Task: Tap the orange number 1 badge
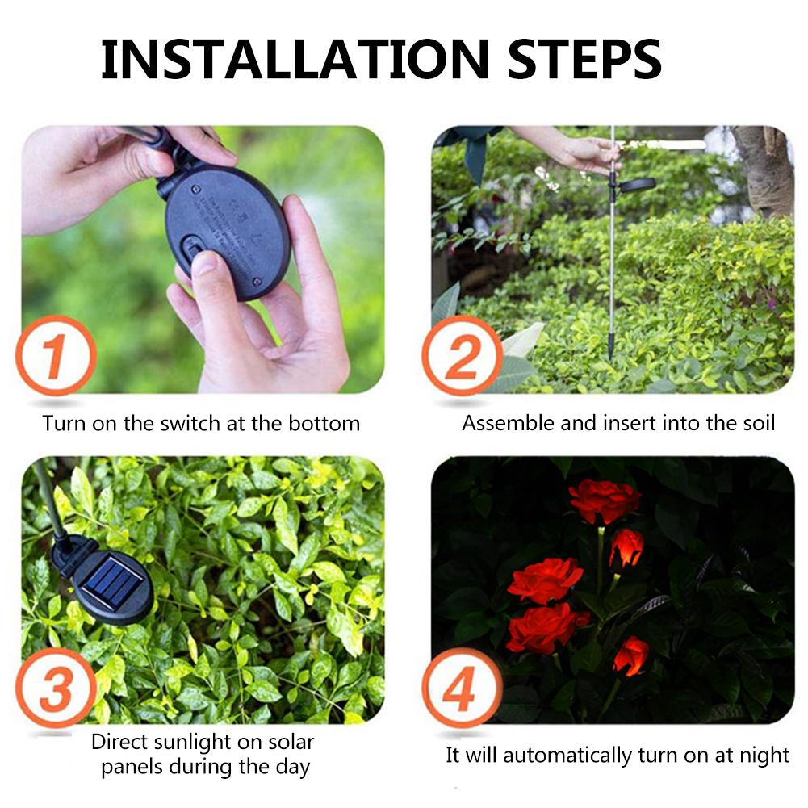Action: click(x=56, y=356)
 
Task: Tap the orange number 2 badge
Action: click(x=462, y=356)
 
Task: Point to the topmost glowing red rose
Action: click(x=604, y=500)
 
